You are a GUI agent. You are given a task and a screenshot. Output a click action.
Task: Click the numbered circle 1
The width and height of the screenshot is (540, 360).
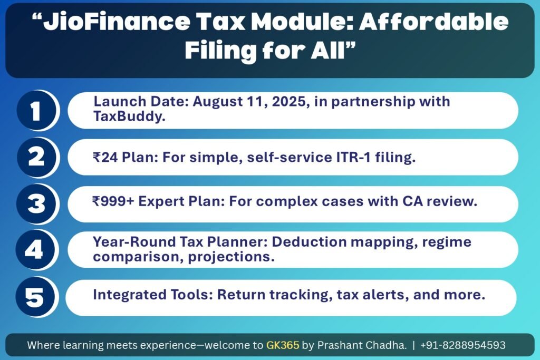coord(36,111)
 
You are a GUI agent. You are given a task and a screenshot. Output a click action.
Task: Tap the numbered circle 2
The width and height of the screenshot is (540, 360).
coord(36,158)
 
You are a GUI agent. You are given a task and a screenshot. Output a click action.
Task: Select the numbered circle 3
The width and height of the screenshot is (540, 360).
coord(36,204)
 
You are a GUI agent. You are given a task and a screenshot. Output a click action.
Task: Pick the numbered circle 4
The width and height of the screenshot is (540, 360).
coord(35,249)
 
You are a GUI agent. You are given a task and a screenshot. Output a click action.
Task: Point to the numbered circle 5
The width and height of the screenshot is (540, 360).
coord(35,297)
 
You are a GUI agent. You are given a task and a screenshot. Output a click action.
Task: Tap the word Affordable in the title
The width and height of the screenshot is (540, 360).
coord(434,21)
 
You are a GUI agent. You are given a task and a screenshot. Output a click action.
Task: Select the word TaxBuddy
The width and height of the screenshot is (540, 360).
coord(129,117)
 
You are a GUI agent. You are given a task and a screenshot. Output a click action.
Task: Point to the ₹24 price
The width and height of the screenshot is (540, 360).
coord(105,157)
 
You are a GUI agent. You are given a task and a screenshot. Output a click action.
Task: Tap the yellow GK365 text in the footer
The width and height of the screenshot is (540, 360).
coord(283,345)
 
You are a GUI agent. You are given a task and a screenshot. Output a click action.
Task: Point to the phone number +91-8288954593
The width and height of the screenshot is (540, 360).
coord(463,345)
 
